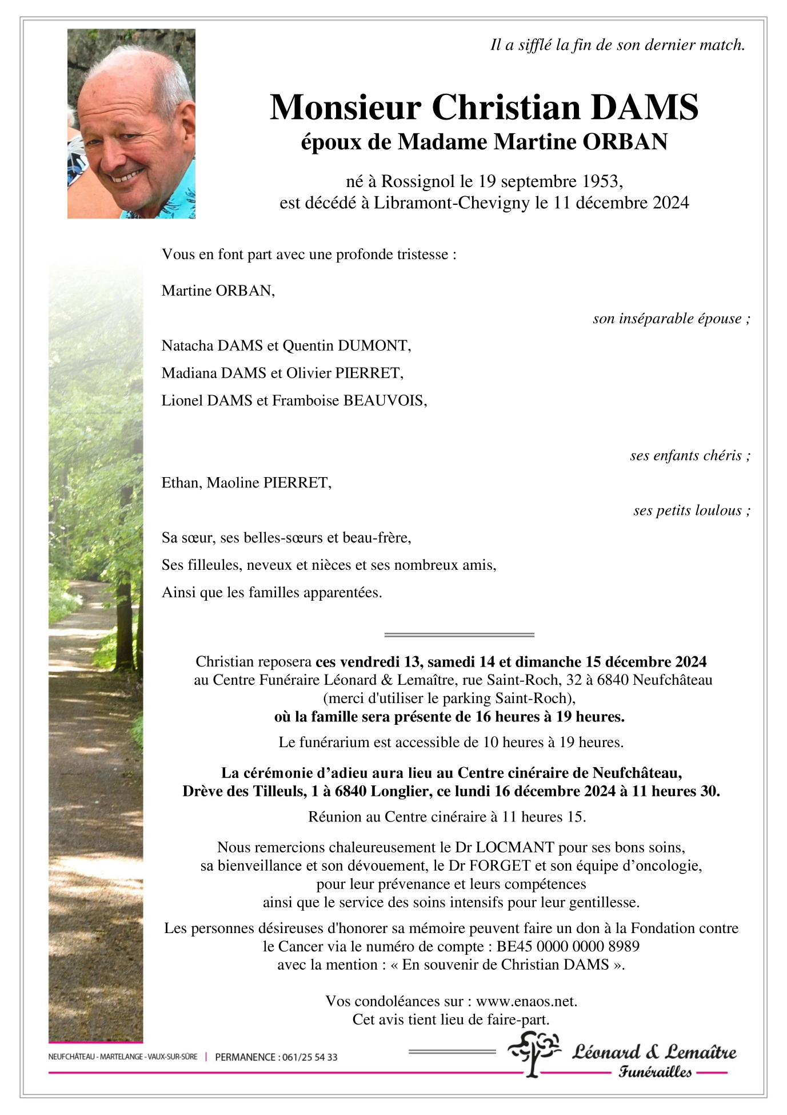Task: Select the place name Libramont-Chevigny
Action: tap(452, 203)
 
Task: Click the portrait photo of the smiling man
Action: tap(131, 124)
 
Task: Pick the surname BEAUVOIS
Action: tap(384, 400)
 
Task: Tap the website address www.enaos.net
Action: tap(526, 1001)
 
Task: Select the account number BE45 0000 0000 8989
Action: tap(568, 946)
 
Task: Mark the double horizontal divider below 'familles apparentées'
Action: tap(460, 634)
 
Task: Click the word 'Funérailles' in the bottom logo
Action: tap(655, 1072)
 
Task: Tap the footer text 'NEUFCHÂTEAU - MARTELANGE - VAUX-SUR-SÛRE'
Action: tap(123, 1057)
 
